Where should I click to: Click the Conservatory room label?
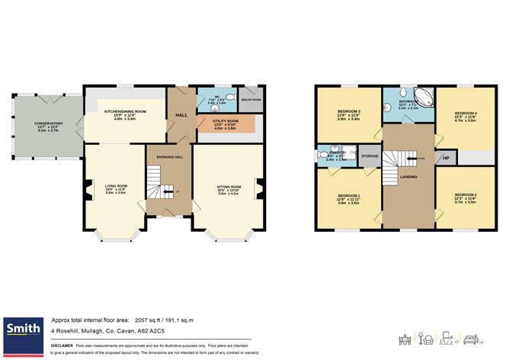48,123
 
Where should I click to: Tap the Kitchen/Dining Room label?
124,111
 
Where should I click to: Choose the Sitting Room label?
229,186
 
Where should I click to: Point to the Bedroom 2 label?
465,196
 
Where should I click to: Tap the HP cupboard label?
446,159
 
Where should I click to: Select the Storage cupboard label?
370,156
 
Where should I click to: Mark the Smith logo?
24,329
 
